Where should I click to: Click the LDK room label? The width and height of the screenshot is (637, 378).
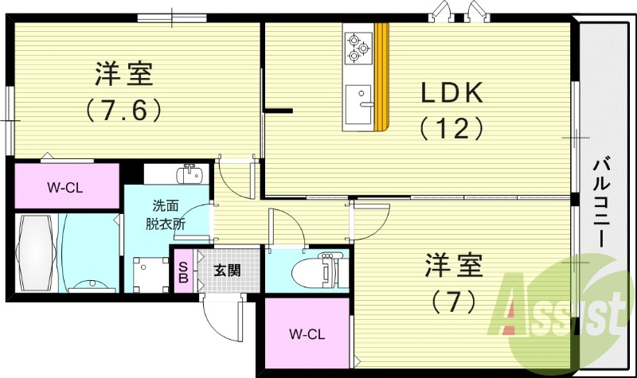(451, 93)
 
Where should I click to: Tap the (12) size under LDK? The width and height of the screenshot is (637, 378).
(451, 127)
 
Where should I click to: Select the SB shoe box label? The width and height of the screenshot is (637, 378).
(183, 271)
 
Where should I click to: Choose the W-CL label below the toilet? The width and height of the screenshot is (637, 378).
(307, 333)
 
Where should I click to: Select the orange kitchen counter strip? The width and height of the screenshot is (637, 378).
(382, 76)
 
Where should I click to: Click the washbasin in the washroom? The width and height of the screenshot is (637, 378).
(190, 174)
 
